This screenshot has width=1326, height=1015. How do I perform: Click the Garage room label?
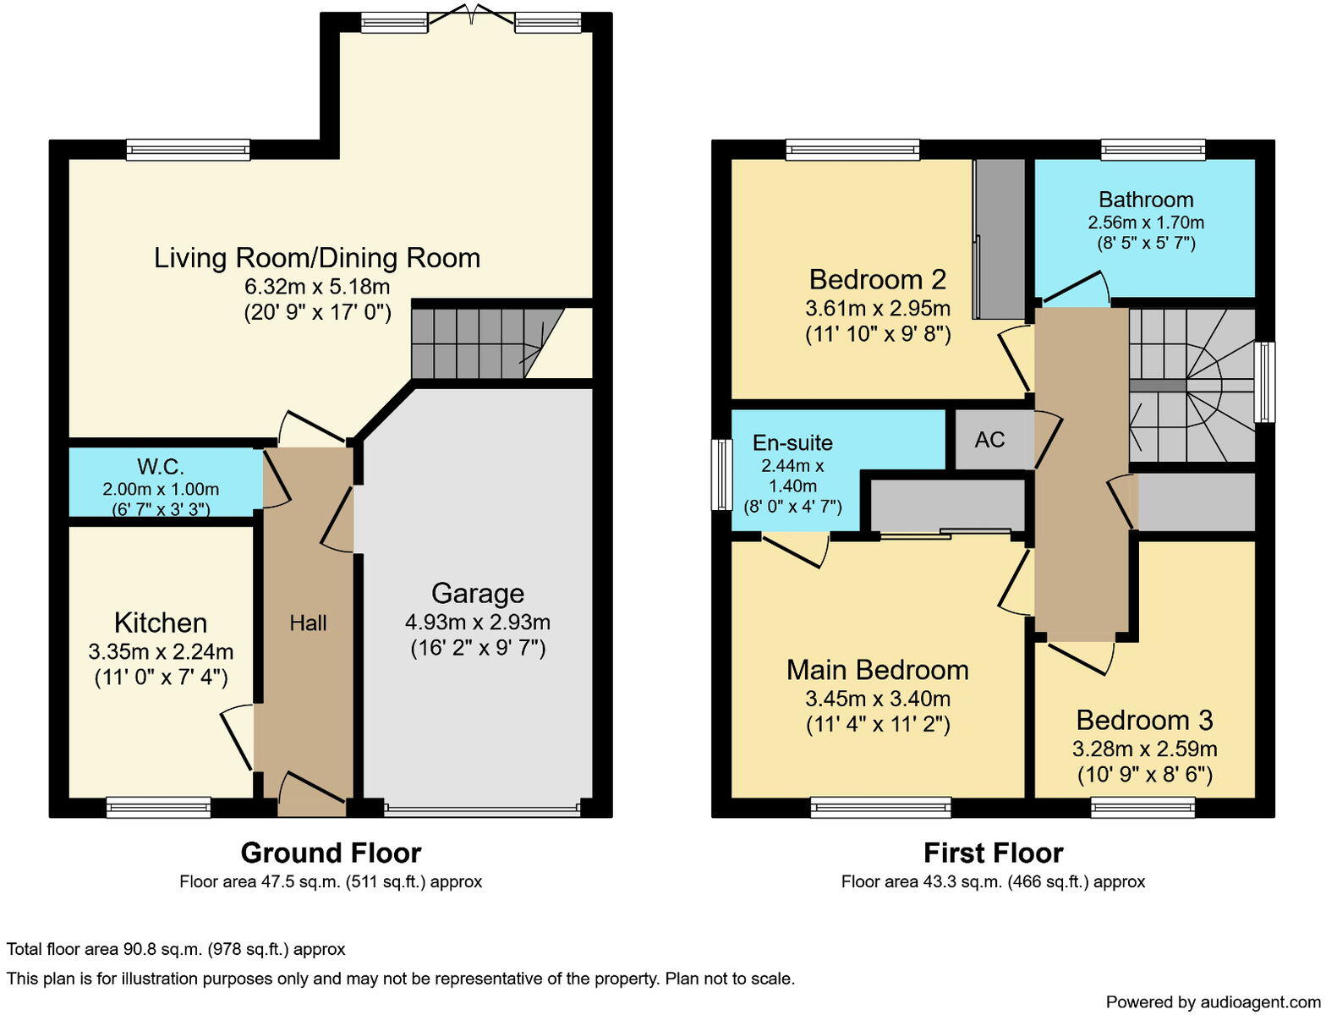pyautogui.click(x=478, y=594)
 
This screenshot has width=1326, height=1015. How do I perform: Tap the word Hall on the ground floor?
pyautogui.click(x=308, y=623)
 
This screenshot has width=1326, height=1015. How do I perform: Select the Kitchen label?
pyautogui.click(x=161, y=623)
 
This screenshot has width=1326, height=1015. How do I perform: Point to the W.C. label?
pyautogui.click(x=161, y=467)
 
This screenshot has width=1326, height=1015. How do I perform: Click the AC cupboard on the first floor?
pyautogui.click(x=989, y=440)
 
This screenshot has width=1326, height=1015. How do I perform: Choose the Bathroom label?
pyautogui.click(x=1146, y=200)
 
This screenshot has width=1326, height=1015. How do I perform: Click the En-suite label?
pyautogui.click(x=792, y=443)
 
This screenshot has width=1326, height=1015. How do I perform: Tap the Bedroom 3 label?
pyautogui.click(x=1144, y=721)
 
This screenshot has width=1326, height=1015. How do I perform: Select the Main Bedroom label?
pyautogui.click(x=877, y=670)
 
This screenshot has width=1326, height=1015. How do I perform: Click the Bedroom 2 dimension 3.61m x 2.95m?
pyautogui.click(x=877, y=308)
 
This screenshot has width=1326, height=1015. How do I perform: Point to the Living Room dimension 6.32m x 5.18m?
pyautogui.click(x=317, y=286)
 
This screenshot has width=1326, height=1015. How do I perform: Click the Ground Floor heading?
pyautogui.click(x=331, y=853)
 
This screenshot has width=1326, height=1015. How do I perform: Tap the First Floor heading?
pyautogui.click(x=993, y=853)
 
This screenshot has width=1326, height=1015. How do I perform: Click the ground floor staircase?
pyautogui.click(x=478, y=343)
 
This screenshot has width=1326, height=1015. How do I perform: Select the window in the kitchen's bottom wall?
pyautogui.click(x=158, y=807)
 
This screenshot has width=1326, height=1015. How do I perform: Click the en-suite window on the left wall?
pyautogui.click(x=721, y=475)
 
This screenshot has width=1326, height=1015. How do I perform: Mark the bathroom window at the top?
pyautogui.click(x=1152, y=150)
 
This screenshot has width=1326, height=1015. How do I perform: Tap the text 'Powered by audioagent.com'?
pyautogui.click(x=1213, y=1002)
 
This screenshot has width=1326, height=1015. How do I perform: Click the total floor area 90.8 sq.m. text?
pyautogui.click(x=176, y=949)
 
